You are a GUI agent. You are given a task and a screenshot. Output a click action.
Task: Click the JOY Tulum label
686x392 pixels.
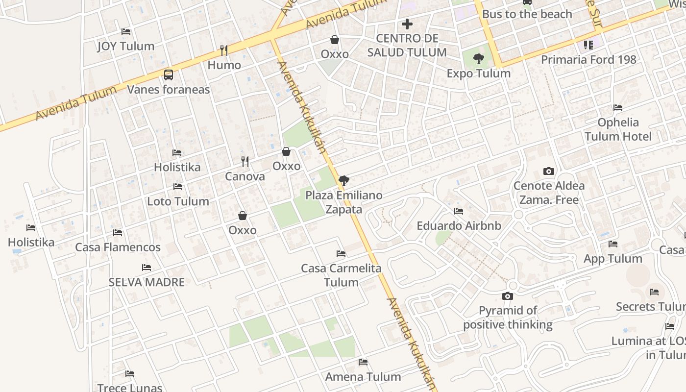(125, 46)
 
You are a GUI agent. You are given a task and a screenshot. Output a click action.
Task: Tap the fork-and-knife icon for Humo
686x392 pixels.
(224, 50)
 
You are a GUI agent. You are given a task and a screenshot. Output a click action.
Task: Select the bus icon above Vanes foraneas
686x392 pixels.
(169, 75)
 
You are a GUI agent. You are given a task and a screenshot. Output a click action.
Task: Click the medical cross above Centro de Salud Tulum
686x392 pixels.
(407, 24)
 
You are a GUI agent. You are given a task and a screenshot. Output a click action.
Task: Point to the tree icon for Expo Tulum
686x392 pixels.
(479, 59)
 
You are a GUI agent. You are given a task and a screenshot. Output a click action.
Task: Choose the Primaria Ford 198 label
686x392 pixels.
(588, 60)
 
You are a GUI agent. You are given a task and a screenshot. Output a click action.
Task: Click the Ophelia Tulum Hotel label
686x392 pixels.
(618, 129)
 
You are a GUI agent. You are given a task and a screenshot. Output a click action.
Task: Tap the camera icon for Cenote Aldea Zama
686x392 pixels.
(549, 171)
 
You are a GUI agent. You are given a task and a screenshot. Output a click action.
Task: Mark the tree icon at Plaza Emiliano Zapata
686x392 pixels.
(343, 181)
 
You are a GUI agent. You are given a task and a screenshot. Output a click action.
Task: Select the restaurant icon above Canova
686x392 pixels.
(245, 161)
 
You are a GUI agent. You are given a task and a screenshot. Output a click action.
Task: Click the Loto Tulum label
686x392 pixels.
(178, 201)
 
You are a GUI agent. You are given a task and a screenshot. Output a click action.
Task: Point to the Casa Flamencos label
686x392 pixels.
(118, 247)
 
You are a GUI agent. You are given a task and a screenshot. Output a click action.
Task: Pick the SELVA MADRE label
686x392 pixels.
(147, 282)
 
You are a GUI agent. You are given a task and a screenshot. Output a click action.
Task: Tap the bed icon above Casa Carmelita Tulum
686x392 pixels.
(341, 254)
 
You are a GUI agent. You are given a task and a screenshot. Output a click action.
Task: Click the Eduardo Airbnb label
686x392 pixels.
(459, 226)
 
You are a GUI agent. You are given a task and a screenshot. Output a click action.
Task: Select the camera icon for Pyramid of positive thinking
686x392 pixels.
(508, 296)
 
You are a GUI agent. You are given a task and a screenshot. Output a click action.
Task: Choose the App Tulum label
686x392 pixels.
(612, 259)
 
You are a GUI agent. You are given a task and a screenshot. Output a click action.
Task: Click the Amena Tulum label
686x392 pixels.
(363, 377)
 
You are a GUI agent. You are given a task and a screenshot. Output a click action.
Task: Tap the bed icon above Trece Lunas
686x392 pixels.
(130, 374)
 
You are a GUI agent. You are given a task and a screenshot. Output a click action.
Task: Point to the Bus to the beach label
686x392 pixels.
(527, 14)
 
